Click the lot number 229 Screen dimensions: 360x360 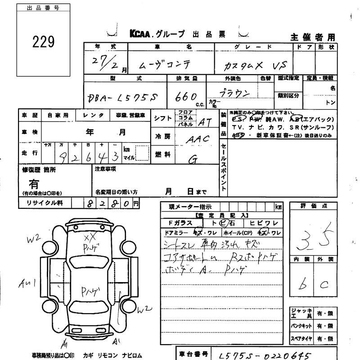[x=44, y=41]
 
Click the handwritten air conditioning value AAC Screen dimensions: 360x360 [x=198, y=139]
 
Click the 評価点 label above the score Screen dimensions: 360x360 [x=313, y=206]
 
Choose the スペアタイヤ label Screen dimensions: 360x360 [x=301, y=338]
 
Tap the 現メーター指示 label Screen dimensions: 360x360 [x=190, y=207]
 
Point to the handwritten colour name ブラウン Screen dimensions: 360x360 [x=234, y=93]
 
